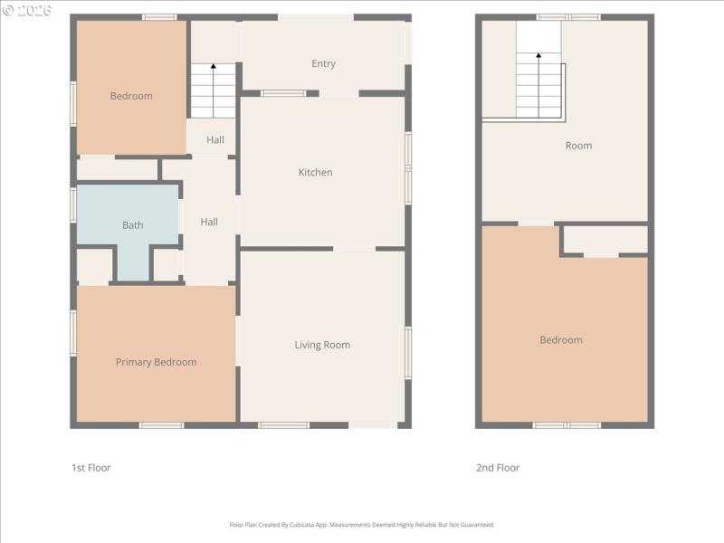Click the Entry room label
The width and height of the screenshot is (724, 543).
tap(323, 63)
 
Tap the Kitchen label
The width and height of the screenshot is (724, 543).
tap(316, 172)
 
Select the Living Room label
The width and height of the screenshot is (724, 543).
tap(322, 345)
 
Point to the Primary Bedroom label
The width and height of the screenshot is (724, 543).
tap(156, 362)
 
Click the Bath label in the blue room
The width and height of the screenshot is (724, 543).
tap(132, 225)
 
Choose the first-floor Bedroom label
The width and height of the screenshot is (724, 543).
tap(131, 96)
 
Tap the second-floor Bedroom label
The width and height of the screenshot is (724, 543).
tap(561, 340)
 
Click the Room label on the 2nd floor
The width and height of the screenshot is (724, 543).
tap(578, 146)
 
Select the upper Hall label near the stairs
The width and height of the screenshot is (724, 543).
tap(215, 139)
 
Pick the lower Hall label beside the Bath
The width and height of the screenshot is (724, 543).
tap(209, 222)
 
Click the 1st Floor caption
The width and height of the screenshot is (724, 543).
tap(90, 468)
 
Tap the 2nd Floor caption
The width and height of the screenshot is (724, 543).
tap(498, 468)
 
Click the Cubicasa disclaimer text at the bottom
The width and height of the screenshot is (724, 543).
tap(362, 525)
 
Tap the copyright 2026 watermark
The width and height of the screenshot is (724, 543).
tap(27, 10)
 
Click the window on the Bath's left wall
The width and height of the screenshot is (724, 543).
tap(73, 205)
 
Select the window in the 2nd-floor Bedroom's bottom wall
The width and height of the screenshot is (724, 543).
tap(567, 424)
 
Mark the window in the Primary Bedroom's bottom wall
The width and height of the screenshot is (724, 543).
tap(161, 424)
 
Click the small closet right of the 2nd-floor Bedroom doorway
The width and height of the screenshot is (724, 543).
tap(604, 240)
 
